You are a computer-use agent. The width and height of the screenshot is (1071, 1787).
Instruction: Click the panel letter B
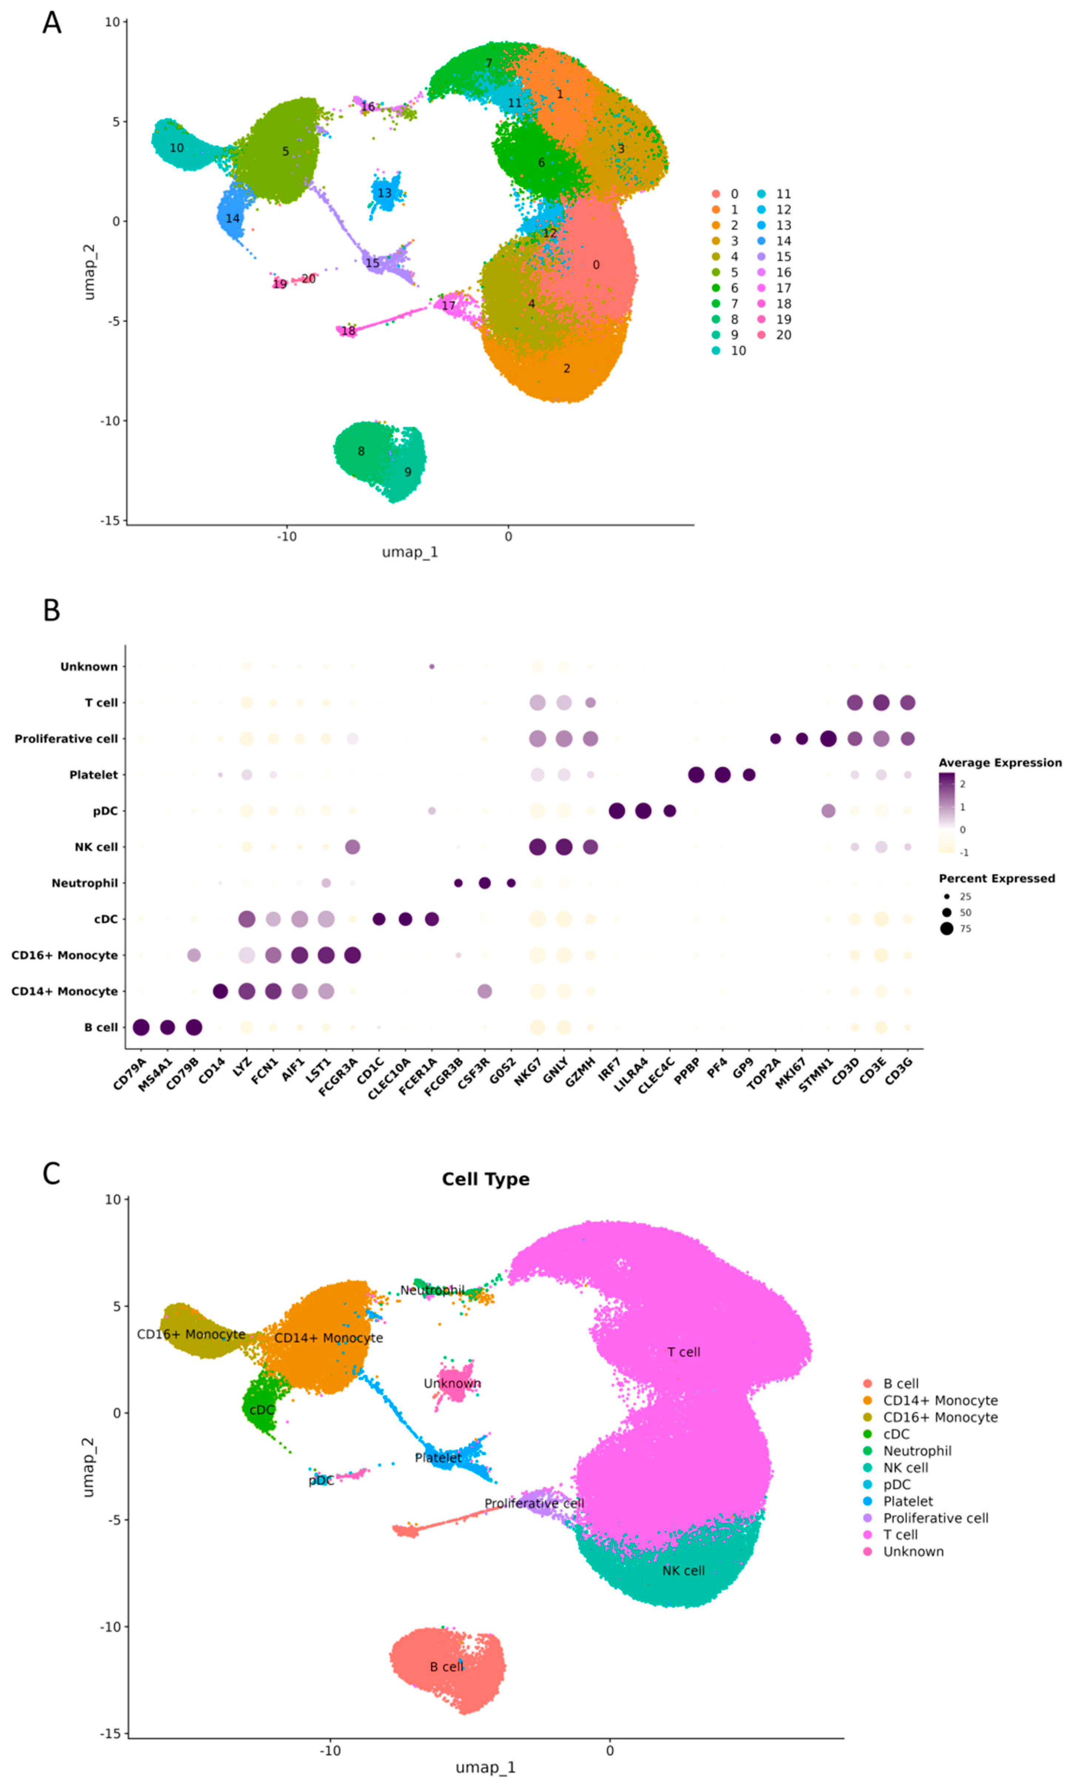(x=51, y=610)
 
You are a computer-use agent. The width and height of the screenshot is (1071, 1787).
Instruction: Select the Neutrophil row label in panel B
(x=84, y=883)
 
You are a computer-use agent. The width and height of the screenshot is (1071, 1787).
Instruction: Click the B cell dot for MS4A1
(x=167, y=1027)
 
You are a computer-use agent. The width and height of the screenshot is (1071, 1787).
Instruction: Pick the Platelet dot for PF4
(x=722, y=774)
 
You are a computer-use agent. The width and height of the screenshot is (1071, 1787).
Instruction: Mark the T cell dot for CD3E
(x=881, y=702)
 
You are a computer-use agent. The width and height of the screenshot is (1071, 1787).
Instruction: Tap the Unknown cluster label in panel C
(x=453, y=1383)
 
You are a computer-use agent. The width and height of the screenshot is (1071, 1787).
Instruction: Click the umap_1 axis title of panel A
(x=410, y=552)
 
